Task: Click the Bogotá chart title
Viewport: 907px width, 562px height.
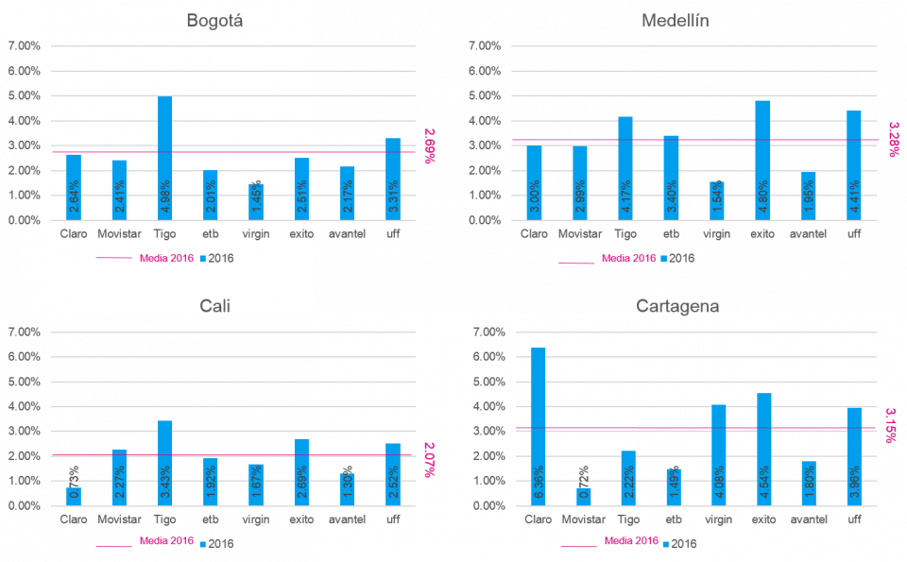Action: [x=214, y=21]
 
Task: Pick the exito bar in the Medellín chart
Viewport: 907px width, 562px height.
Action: [x=762, y=161]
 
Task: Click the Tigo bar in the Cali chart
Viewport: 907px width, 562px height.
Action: [x=164, y=463]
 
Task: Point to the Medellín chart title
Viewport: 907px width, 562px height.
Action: [x=676, y=21]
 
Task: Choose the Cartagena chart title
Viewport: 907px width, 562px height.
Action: [x=677, y=306]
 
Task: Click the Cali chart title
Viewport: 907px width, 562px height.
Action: [x=214, y=306]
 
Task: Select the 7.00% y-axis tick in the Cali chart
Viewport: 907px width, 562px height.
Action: [x=24, y=332]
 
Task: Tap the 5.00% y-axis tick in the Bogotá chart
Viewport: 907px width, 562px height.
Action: [x=24, y=95]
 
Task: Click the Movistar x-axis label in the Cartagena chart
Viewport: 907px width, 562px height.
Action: [x=583, y=519]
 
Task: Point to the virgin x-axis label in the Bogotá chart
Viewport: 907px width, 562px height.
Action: [x=255, y=233]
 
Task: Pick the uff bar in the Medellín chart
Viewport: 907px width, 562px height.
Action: [x=853, y=165]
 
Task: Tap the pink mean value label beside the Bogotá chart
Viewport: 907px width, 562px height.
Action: [x=430, y=145]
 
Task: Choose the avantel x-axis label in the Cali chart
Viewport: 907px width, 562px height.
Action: [x=347, y=519]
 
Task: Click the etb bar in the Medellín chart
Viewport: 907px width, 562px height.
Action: [x=672, y=178]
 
